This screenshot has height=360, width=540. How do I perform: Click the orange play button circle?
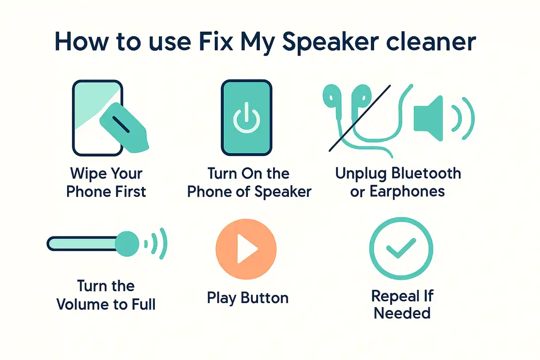pyautogui.click(x=246, y=249)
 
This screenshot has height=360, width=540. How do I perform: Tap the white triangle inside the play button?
pyautogui.click(x=246, y=248)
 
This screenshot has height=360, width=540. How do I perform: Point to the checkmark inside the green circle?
pyautogui.click(x=401, y=248)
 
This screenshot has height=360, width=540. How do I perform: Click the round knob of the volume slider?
pyautogui.click(x=127, y=244)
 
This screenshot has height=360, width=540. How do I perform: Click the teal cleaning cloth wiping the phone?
pyautogui.click(x=124, y=128)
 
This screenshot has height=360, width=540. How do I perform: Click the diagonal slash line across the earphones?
pyautogui.click(x=360, y=118)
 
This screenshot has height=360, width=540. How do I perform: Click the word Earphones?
pyautogui.click(x=407, y=192)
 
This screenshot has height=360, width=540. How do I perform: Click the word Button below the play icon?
pyautogui.click(x=264, y=298)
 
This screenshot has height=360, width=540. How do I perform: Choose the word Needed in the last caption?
pyautogui.click(x=402, y=313)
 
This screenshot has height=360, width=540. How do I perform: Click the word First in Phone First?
pyautogui.click(x=131, y=192)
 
